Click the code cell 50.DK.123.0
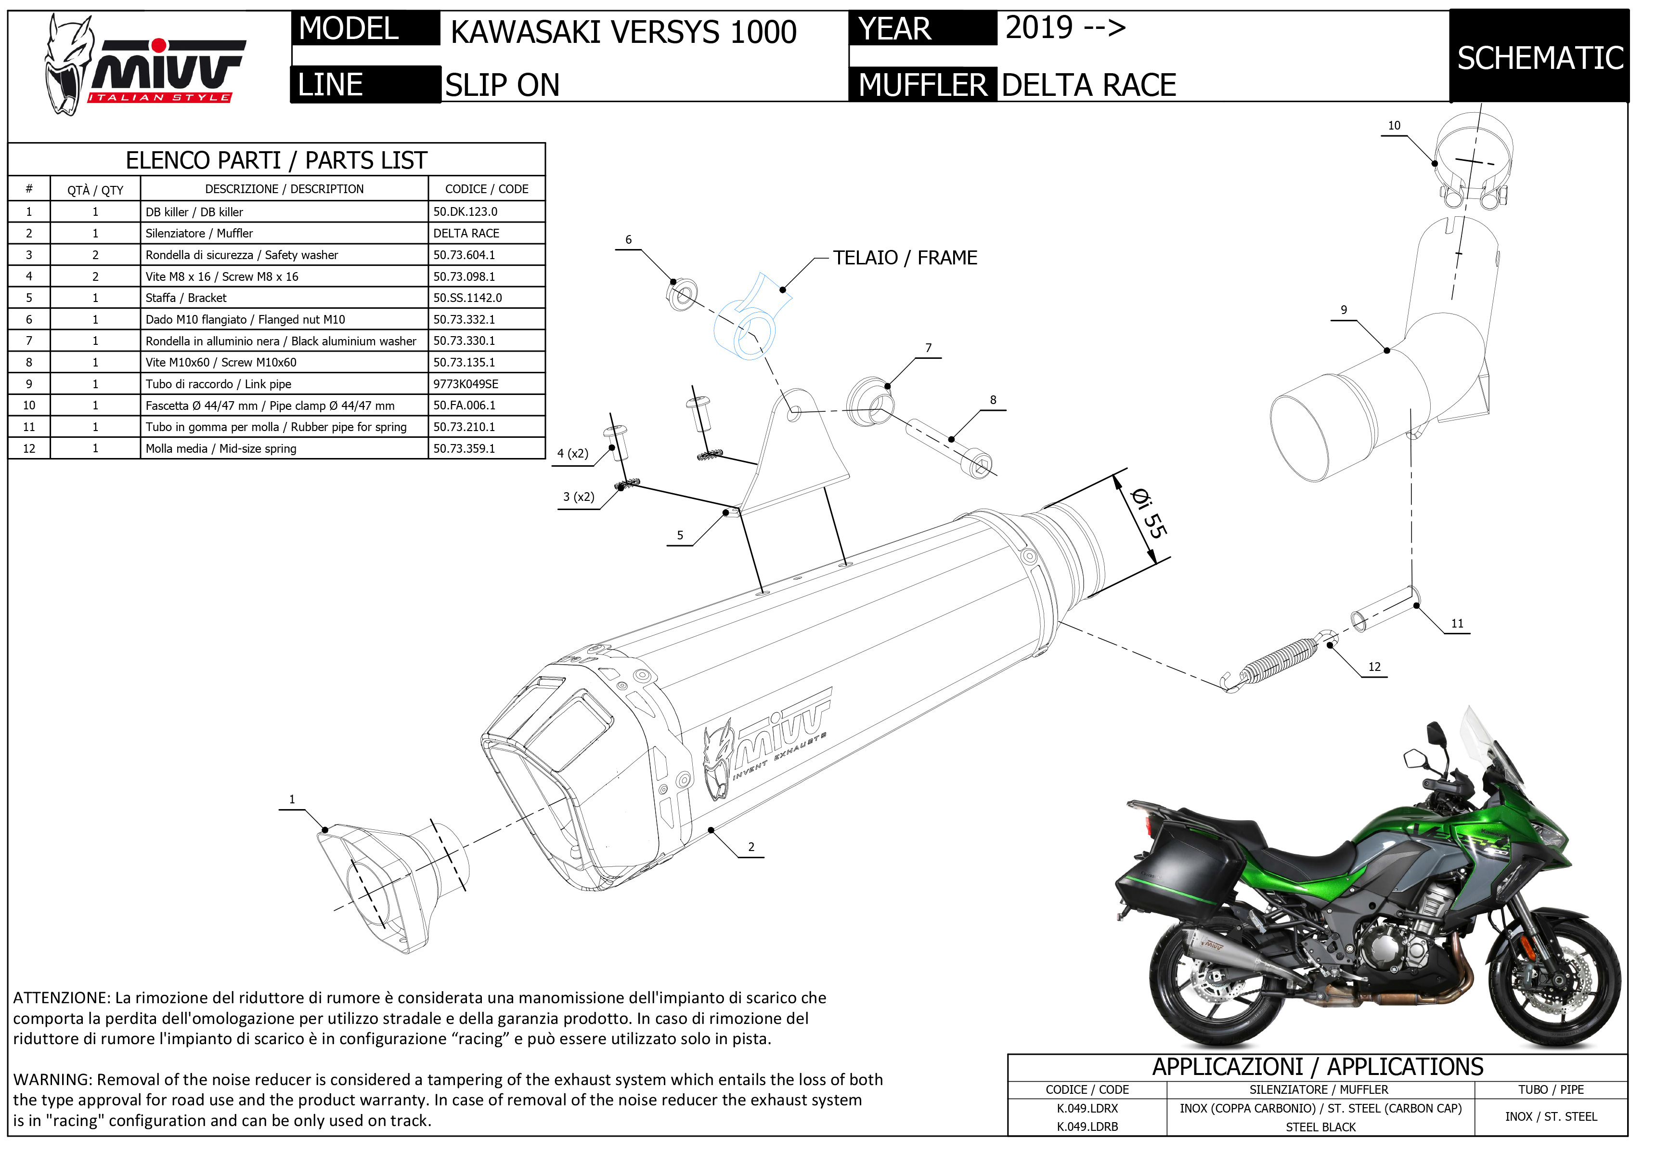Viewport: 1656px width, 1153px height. pos(465,211)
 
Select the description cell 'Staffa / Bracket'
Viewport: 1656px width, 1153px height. pos(186,297)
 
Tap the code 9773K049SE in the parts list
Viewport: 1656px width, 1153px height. pos(466,384)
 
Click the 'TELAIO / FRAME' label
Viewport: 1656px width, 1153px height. pos(905,258)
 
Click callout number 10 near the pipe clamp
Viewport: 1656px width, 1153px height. pos(1394,126)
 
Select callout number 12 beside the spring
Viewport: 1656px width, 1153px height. pos(1374,667)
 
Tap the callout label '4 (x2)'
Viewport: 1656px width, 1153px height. pos(573,453)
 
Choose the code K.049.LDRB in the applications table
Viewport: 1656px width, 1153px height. pos(1087,1127)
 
